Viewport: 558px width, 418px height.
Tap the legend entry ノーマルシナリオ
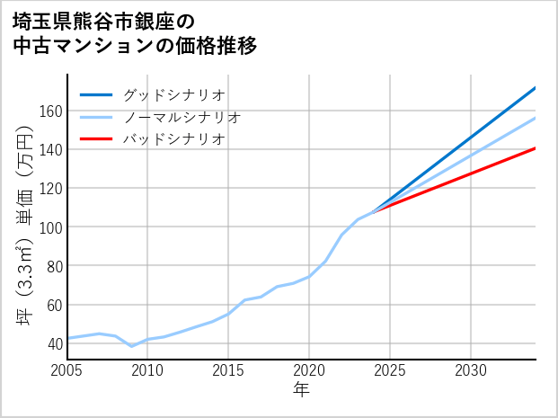click(x=182, y=117)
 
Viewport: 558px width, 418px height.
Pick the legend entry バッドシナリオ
click(x=173, y=139)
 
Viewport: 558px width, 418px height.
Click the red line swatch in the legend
click(x=96, y=139)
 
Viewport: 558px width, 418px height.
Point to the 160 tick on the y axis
click(x=51, y=111)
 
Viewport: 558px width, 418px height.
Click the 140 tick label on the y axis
click(x=51, y=149)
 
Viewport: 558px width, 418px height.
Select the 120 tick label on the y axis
click(x=51, y=188)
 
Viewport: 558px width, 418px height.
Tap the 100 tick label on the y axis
click(x=51, y=227)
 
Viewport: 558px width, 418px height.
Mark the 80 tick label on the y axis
click(x=55, y=265)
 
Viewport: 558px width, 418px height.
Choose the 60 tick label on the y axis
click(x=55, y=304)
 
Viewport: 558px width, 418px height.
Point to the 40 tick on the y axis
click(x=55, y=342)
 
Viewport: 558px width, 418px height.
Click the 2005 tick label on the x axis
click(x=67, y=370)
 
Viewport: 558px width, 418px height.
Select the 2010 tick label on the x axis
click(x=147, y=370)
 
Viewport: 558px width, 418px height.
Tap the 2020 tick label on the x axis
click(x=309, y=370)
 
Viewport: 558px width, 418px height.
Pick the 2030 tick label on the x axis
click(x=471, y=370)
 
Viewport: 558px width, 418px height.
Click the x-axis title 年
click(x=302, y=390)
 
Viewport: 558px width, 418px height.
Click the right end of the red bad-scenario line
click(x=536, y=148)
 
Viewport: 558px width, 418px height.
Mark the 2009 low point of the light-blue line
click(x=132, y=346)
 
